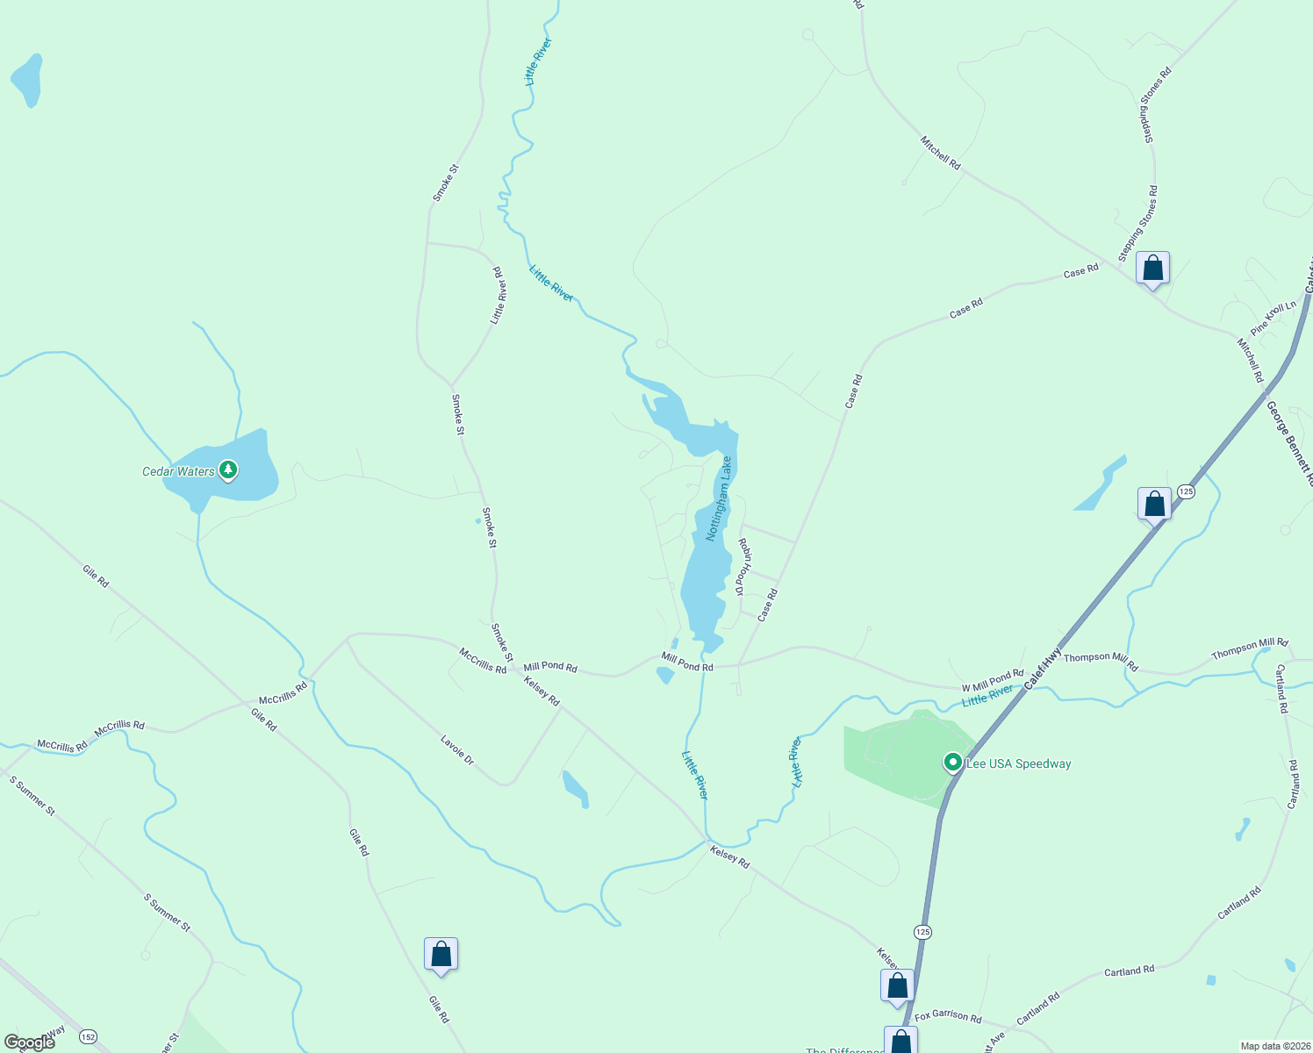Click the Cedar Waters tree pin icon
point(228,470)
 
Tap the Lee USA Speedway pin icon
point(952,762)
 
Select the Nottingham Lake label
point(719,498)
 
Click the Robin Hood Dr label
point(744,568)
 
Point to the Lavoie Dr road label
point(457,750)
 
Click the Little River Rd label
point(499,296)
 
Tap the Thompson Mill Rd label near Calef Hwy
point(1101,661)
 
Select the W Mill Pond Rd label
point(992,681)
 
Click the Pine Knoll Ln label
point(1274,319)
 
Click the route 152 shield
point(88,1036)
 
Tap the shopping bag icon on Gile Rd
point(441,954)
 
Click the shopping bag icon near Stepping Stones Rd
point(1152,268)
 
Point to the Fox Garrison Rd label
point(948,1016)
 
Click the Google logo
point(29,1042)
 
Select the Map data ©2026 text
point(1274,1046)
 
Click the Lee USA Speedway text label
point(1018,763)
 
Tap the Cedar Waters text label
point(178,471)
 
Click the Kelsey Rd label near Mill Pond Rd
point(542,690)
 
